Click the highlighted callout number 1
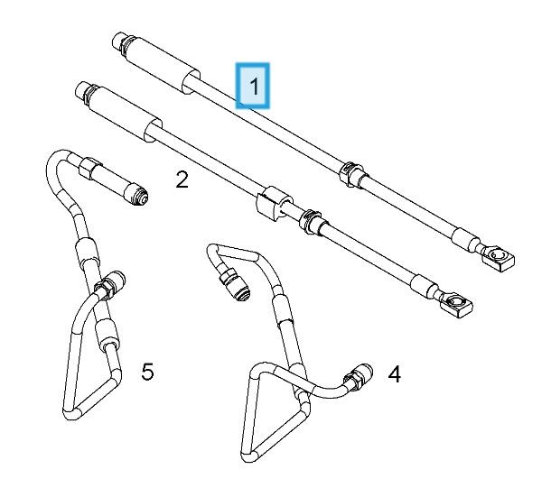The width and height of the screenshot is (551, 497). tap(254, 87)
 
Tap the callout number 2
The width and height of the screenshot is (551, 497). tap(182, 180)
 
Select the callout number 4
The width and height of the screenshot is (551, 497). tap(395, 373)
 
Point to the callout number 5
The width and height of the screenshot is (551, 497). tap(147, 370)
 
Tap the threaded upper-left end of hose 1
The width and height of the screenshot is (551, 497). tap(119, 40)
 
